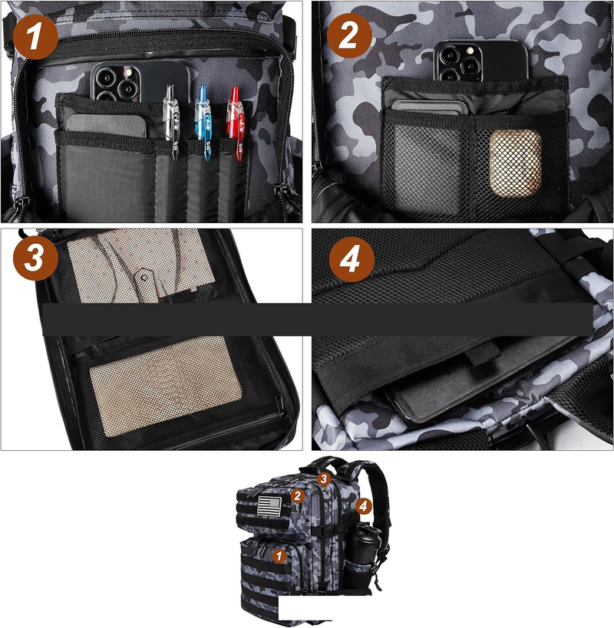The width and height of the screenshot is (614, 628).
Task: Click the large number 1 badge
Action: click(x=35, y=37)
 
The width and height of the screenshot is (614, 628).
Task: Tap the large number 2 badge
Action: click(x=349, y=35)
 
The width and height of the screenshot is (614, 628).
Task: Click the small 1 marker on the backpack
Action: click(x=279, y=556)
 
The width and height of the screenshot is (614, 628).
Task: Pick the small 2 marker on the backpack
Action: click(x=297, y=496)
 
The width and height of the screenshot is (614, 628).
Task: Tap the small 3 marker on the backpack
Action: click(x=324, y=478)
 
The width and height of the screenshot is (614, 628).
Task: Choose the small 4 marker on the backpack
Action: click(x=363, y=506)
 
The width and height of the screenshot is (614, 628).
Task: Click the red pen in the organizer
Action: click(x=236, y=123)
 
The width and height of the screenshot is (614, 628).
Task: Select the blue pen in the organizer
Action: click(x=203, y=123)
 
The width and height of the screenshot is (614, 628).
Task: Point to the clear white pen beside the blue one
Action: click(x=171, y=122)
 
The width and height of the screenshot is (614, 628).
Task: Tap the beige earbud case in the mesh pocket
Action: click(x=516, y=163)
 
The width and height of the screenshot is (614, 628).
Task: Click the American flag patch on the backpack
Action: click(x=269, y=505)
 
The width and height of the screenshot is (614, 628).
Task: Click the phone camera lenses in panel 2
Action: click(x=457, y=63)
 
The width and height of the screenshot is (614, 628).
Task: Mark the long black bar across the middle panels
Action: click(x=318, y=319)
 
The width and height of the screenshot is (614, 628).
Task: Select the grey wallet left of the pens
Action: click(x=106, y=126)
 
